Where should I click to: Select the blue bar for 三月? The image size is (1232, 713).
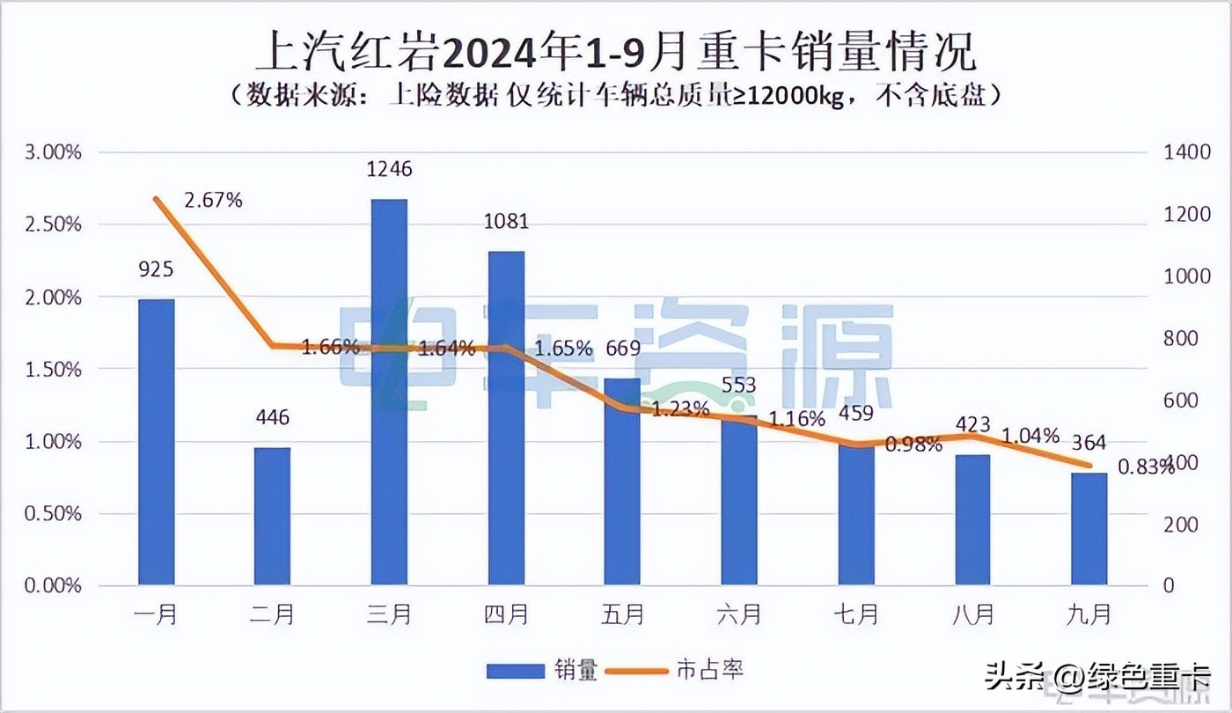point(389,392)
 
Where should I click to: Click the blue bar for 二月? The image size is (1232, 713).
point(272,516)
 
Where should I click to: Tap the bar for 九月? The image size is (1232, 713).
point(1089,528)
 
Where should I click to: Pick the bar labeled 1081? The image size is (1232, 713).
point(506,418)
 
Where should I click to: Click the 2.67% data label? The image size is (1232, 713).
point(213,200)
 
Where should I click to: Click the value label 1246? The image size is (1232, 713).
point(389,168)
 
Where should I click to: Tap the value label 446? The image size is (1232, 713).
point(272,417)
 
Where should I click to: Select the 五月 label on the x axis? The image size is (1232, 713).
point(623,614)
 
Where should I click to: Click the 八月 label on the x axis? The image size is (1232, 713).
point(972,614)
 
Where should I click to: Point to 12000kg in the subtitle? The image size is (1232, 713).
point(796,95)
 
